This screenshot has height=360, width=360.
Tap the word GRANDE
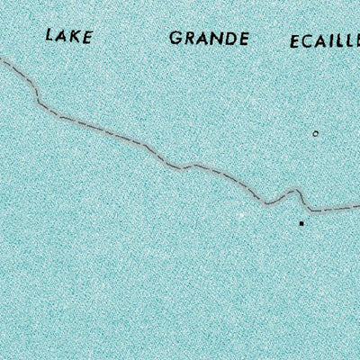click(208, 40)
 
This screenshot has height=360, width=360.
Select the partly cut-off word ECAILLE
click(324, 42)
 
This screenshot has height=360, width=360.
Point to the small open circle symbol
click(315, 133)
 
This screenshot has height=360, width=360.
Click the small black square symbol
click(301, 221)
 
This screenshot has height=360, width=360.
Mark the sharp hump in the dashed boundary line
click(294, 192)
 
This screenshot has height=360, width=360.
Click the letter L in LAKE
click(49, 37)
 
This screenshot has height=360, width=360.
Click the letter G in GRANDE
click(175, 40)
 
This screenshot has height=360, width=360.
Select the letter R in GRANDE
click(188, 40)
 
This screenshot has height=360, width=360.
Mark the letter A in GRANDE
click(202, 40)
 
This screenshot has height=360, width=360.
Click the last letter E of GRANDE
click(244, 40)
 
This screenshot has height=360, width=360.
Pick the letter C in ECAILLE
click(310, 42)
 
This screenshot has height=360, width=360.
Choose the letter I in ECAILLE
click(336, 42)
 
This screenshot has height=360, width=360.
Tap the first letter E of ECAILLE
click(295, 42)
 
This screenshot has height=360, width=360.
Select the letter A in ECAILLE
click(324, 42)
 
